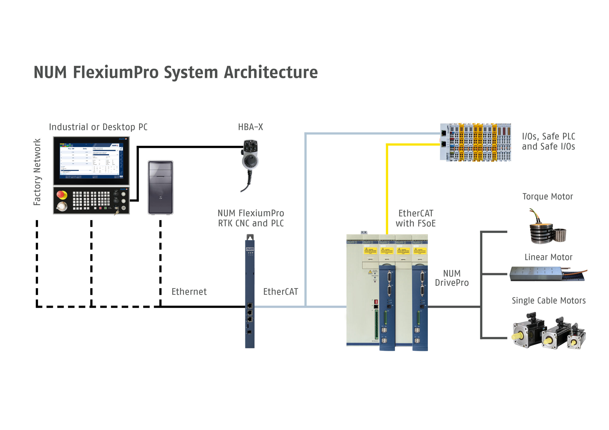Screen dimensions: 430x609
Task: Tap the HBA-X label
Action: tap(250, 127)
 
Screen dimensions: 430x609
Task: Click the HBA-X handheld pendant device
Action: tap(250, 159)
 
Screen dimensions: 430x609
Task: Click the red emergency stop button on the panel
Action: tap(62, 195)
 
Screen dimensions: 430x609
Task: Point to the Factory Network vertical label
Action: tap(37, 172)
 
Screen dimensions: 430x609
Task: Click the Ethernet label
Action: tap(189, 292)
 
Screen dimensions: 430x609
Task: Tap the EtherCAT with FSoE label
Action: tap(415, 218)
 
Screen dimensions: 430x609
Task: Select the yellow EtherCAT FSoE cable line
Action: tap(387, 186)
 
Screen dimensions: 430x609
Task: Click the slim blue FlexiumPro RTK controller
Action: tap(250, 291)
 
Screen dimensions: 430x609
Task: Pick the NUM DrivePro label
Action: tap(452, 278)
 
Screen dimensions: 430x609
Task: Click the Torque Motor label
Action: tap(547, 196)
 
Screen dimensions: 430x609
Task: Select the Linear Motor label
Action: tap(548, 257)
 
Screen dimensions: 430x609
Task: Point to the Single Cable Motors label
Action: tap(549, 301)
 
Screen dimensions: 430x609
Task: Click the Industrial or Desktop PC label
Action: tap(98, 127)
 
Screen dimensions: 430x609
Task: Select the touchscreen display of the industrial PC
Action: tap(91, 161)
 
